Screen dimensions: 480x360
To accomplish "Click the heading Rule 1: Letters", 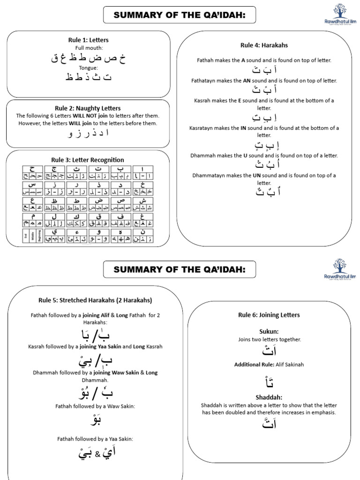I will (x=88, y=40).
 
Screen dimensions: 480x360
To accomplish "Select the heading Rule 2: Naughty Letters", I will (x=88, y=108).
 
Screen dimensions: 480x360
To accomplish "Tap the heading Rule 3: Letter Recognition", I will (x=88, y=160).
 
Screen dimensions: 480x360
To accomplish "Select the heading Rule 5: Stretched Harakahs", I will (x=96, y=300).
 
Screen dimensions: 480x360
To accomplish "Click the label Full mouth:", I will (x=88, y=48).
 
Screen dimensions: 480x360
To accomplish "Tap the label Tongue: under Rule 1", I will (x=88, y=67).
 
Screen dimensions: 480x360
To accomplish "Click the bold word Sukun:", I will (x=269, y=331).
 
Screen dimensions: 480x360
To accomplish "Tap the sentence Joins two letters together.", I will (x=269, y=339).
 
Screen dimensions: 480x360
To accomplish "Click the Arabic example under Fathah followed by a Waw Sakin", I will (x=95, y=420).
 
